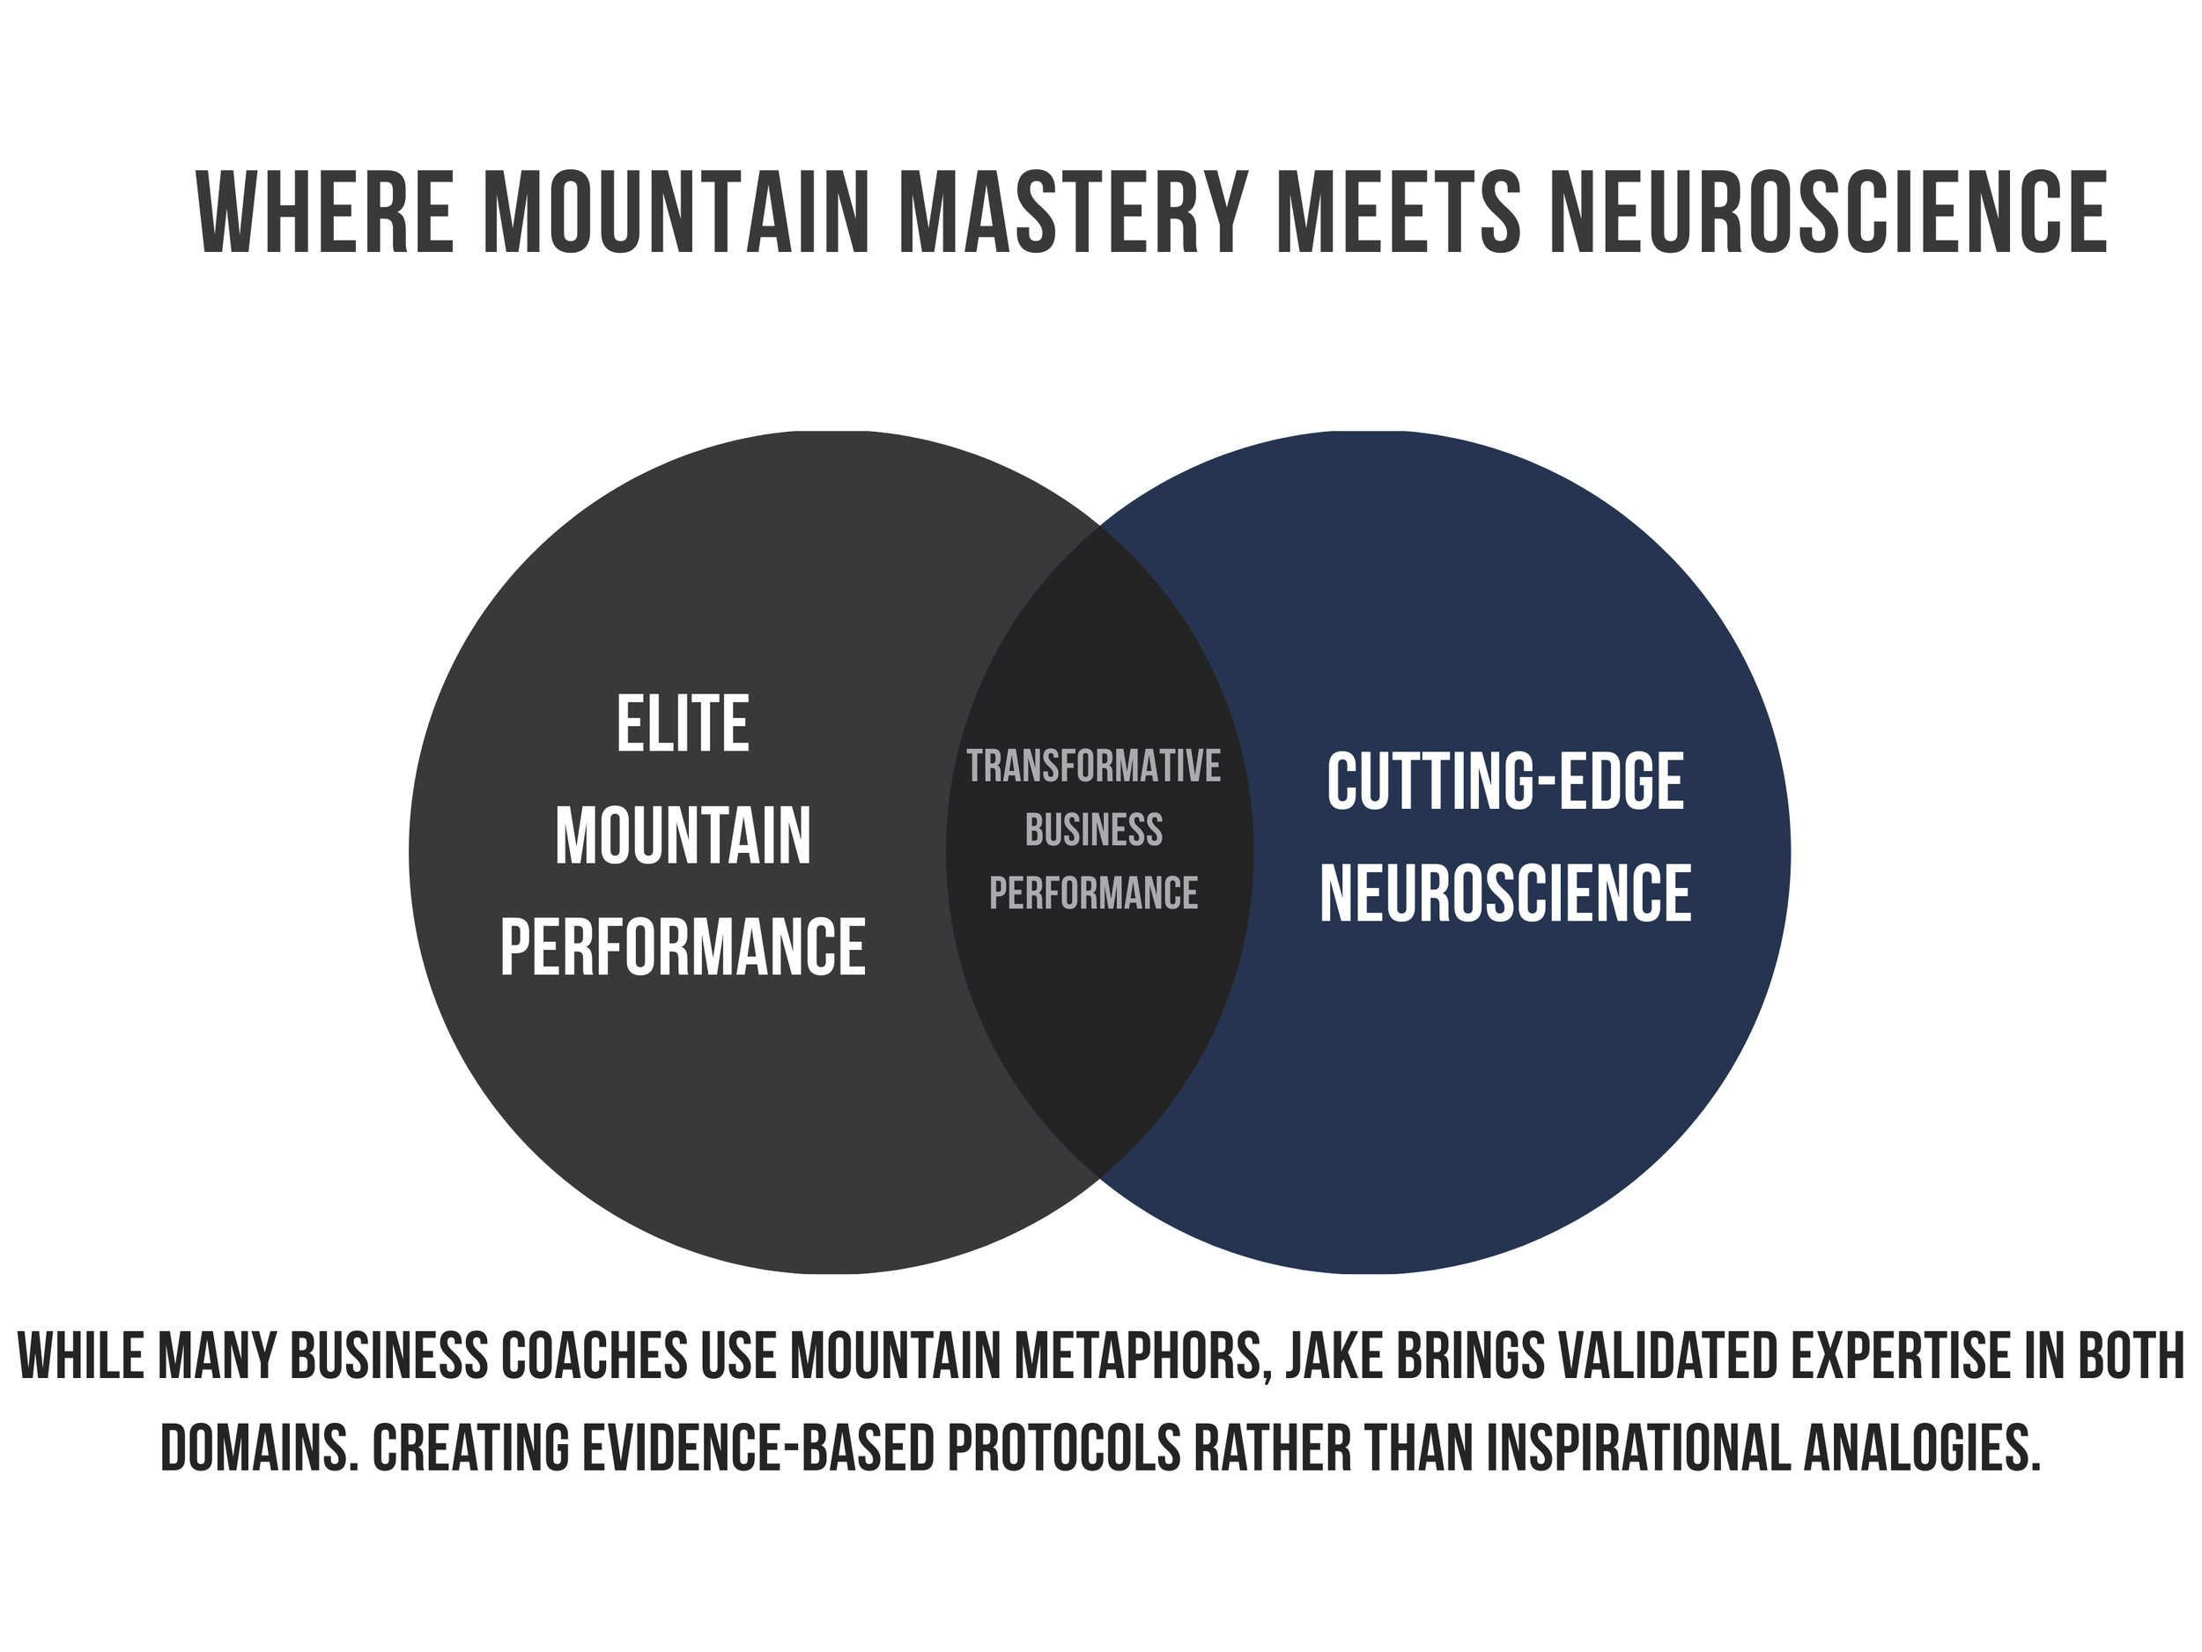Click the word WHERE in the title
point(326,213)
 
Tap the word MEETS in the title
point(1398,213)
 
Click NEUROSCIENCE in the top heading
point(1828,213)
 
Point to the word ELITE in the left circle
point(682,725)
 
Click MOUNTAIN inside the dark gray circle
point(682,836)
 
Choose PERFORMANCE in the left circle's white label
point(682,948)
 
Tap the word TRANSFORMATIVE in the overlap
point(1093,767)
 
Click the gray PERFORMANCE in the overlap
point(1093,893)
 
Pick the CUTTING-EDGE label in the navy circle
point(1504,782)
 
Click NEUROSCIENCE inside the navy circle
point(1504,893)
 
